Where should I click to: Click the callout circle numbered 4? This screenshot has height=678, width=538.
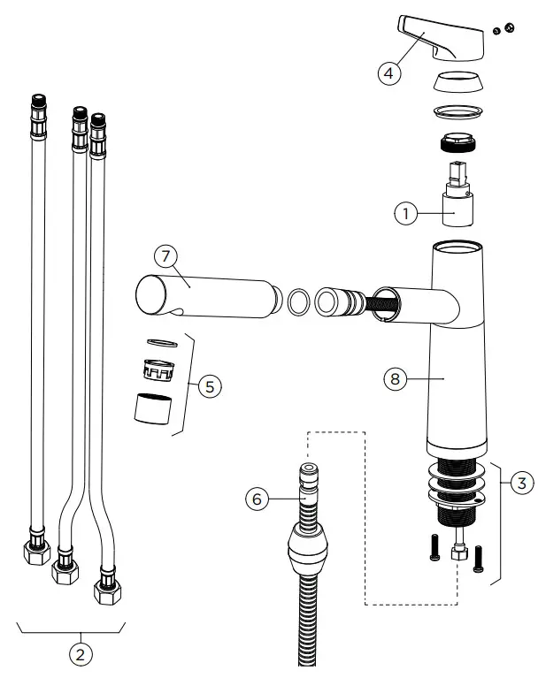click(x=388, y=73)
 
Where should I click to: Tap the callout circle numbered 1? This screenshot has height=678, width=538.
click(x=405, y=213)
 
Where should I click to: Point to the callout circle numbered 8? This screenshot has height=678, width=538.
click(x=395, y=378)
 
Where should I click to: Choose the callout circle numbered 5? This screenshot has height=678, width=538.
click(x=209, y=386)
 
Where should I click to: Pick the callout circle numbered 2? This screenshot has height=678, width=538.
click(x=81, y=656)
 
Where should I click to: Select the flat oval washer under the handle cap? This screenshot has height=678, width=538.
click(x=458, y=111)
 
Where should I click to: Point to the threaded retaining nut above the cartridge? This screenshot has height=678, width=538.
click(x=458, y=141)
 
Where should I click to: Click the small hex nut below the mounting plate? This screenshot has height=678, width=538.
click(x=458, y=555)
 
